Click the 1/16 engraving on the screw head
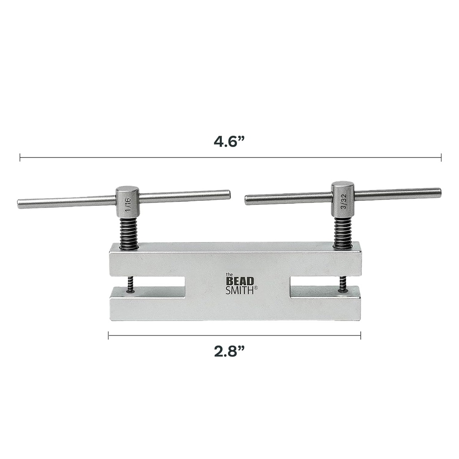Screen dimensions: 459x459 pyautogui.click(x=128, y=205)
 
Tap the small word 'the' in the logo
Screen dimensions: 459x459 pyautogui.click(x=229, y=274)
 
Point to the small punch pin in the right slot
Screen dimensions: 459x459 pyautogui.click(x=342, y=283)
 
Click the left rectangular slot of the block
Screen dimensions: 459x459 pyautogui.click(x=155, y=287)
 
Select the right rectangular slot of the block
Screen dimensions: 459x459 pyautogui.click(x=319, y=287)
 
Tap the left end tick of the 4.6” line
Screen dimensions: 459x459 pyautogui.click(x=20, y=157)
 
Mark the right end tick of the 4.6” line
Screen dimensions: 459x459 pyautogui.click(x=441, y=157)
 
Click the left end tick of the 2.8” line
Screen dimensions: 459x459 pyautogui.click(x=108, y=335)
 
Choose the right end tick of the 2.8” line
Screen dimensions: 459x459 pyautogui.click(x=360, y=335)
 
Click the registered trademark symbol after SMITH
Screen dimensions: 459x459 pyautogui.click(x=256, y=288)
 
